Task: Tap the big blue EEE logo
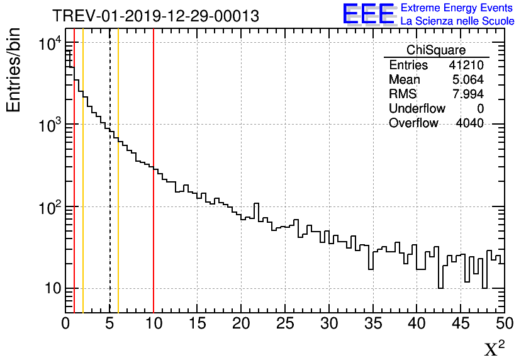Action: (369, 14)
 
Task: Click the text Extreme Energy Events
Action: (457, 8)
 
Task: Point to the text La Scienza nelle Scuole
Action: (457, 21)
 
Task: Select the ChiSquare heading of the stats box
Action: (436, 50)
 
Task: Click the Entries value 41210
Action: (466, 65)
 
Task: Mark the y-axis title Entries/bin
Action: (14, 70)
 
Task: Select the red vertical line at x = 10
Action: (154, 239)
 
